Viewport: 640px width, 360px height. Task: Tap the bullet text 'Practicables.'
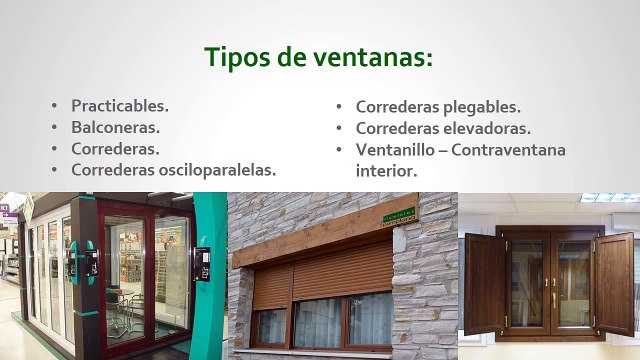[x=120, y=105]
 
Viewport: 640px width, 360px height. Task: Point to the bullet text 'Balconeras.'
[x=115, y=127]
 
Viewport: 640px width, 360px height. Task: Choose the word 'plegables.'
[x=473, y=106]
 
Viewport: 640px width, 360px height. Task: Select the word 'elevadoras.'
[x=479, y=128]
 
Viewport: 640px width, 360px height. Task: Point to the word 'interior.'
[x=386, y=171]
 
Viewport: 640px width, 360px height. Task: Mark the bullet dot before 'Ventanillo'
[x=340, y=150]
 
